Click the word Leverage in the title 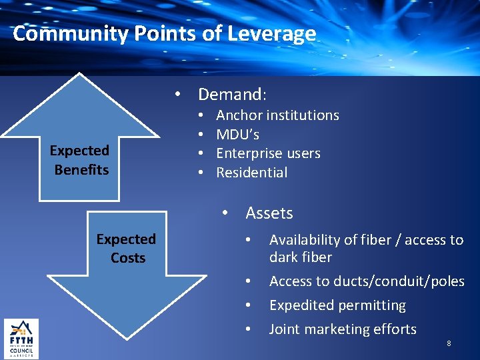(x=280, y=33)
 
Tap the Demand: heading (x=233, y=94)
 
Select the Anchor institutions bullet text (x=277, y=115)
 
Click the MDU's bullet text (x=238, y=135)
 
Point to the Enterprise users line (x=268, y=153)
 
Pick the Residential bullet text (x=252, y=173)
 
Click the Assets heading (x=269, y=213)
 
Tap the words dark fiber (x=301, y=257)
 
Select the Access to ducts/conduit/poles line (x=367, y=281)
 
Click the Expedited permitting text (x=337, y=305)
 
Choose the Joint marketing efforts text (x=343, y=329)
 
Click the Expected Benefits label (x=81, y=160)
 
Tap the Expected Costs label (x=127, y=248)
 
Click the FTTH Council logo (x=21, y=339)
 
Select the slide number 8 (x=449, y=343)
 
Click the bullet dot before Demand (x=179, y=94)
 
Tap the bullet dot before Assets (x=227, y=213)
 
